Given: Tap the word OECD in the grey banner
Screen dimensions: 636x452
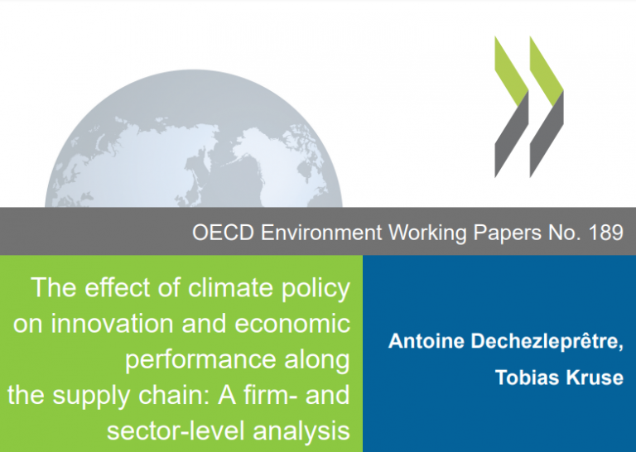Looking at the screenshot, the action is pyautogui.click(x=223, y=233).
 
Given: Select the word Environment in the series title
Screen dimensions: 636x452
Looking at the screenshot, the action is pyautogui.click(x=321, y=233).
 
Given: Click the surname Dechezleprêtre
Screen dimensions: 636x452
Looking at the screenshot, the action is pyautogui.click(x=547, y=341).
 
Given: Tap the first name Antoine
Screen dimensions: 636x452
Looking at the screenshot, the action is pyautogui.click(x=426, y=341).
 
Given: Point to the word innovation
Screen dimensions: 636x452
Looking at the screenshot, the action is pyautogui.click(x=113, y=324).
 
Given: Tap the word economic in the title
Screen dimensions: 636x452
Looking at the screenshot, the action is pyautogui.click(x=292, y=324).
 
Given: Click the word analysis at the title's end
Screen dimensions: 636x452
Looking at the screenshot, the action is pyautogui.click(x=301, y=432).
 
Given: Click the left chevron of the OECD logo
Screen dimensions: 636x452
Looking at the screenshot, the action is pyautogui.click(x=512, y=107).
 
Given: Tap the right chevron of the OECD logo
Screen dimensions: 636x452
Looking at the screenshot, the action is pyautogui.click(x=547, y=107).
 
